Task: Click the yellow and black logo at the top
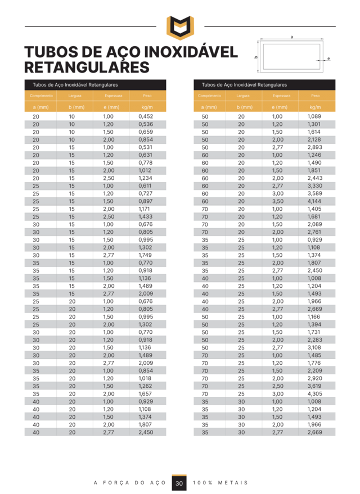180,28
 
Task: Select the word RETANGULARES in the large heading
87,67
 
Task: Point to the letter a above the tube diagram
292,37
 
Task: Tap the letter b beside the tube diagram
255,57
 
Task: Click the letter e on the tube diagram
328,58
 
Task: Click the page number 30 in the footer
179,483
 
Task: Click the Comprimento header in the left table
41,96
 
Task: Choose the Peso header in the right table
315,96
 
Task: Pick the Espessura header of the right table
281,96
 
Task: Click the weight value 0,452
146,116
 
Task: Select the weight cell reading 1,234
146,178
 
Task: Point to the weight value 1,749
146,255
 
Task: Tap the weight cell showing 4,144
314,201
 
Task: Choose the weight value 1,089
314,116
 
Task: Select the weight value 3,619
314,386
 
